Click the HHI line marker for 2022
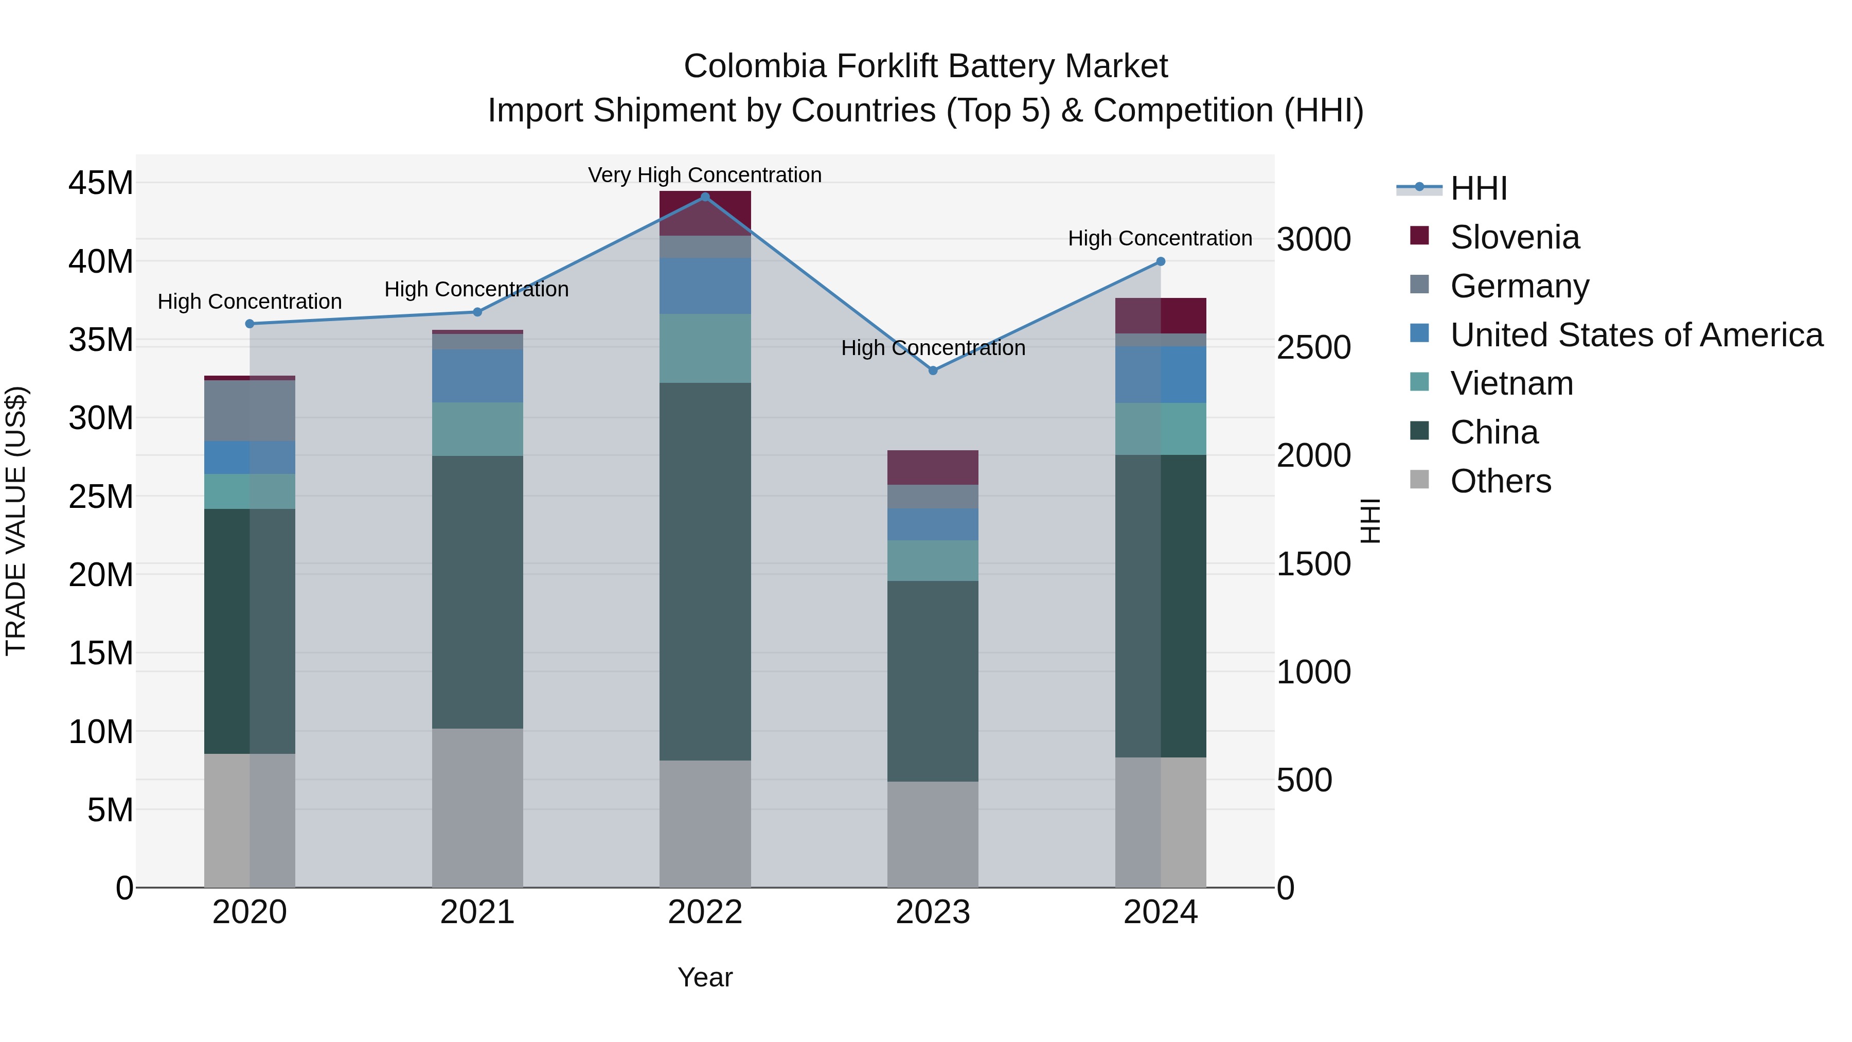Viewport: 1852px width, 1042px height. coord(705,197)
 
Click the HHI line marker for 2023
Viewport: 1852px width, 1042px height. coord(933,370)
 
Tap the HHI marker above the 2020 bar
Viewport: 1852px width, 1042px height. coord(250,324)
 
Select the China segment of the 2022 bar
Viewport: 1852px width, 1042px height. coord(705,571)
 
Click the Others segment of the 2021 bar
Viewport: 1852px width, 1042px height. coord(477,807)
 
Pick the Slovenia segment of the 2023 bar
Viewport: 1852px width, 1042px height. coord(933,467)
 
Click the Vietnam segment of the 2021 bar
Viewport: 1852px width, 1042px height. coord(477,429)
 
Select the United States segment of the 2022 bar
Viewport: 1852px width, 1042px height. coord(705,286)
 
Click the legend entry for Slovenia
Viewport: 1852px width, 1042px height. coord(1514,237)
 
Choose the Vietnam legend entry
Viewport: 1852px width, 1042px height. coord(1511,383)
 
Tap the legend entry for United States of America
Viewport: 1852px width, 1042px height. coord(1635,334)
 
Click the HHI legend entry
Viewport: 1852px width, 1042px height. coord(1477,188)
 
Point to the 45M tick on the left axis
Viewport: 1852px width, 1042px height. coord(101,183)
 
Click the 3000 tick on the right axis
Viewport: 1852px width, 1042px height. coord(1313,239)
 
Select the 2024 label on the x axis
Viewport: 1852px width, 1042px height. coord(1160,912)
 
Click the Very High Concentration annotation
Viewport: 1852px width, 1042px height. coord(705,175)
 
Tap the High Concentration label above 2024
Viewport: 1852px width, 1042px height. coord(1160,238)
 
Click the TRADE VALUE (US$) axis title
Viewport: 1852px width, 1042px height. coord(16,521)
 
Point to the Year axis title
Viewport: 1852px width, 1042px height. coord(705,977)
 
